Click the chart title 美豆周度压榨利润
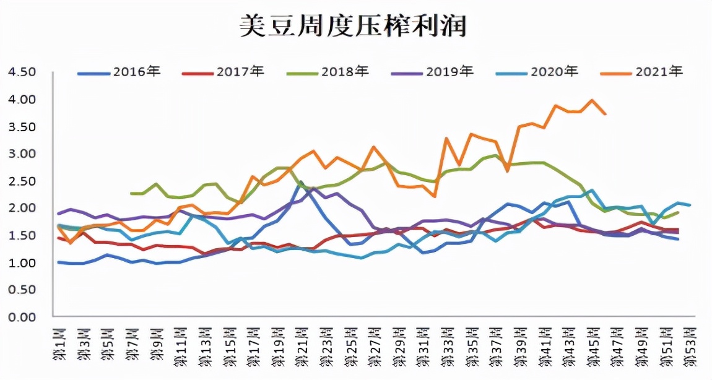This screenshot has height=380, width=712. click(x=354, y=27)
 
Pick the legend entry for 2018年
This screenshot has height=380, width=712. click(x=328, y=72)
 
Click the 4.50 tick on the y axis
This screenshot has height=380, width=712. click(x=22, y=72)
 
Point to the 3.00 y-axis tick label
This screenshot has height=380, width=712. click(x=22, y=153)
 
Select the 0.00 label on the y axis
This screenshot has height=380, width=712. click(x=22, y=317)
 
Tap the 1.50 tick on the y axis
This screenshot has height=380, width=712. click(x=22, y=235)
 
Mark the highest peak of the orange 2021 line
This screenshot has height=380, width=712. click(x=593, y=100)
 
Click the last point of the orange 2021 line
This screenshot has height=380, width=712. click(x=605, y=114)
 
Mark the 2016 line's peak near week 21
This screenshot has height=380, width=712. click(x=300, y=182)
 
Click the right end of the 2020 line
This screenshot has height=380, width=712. click(x=690, y=205)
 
